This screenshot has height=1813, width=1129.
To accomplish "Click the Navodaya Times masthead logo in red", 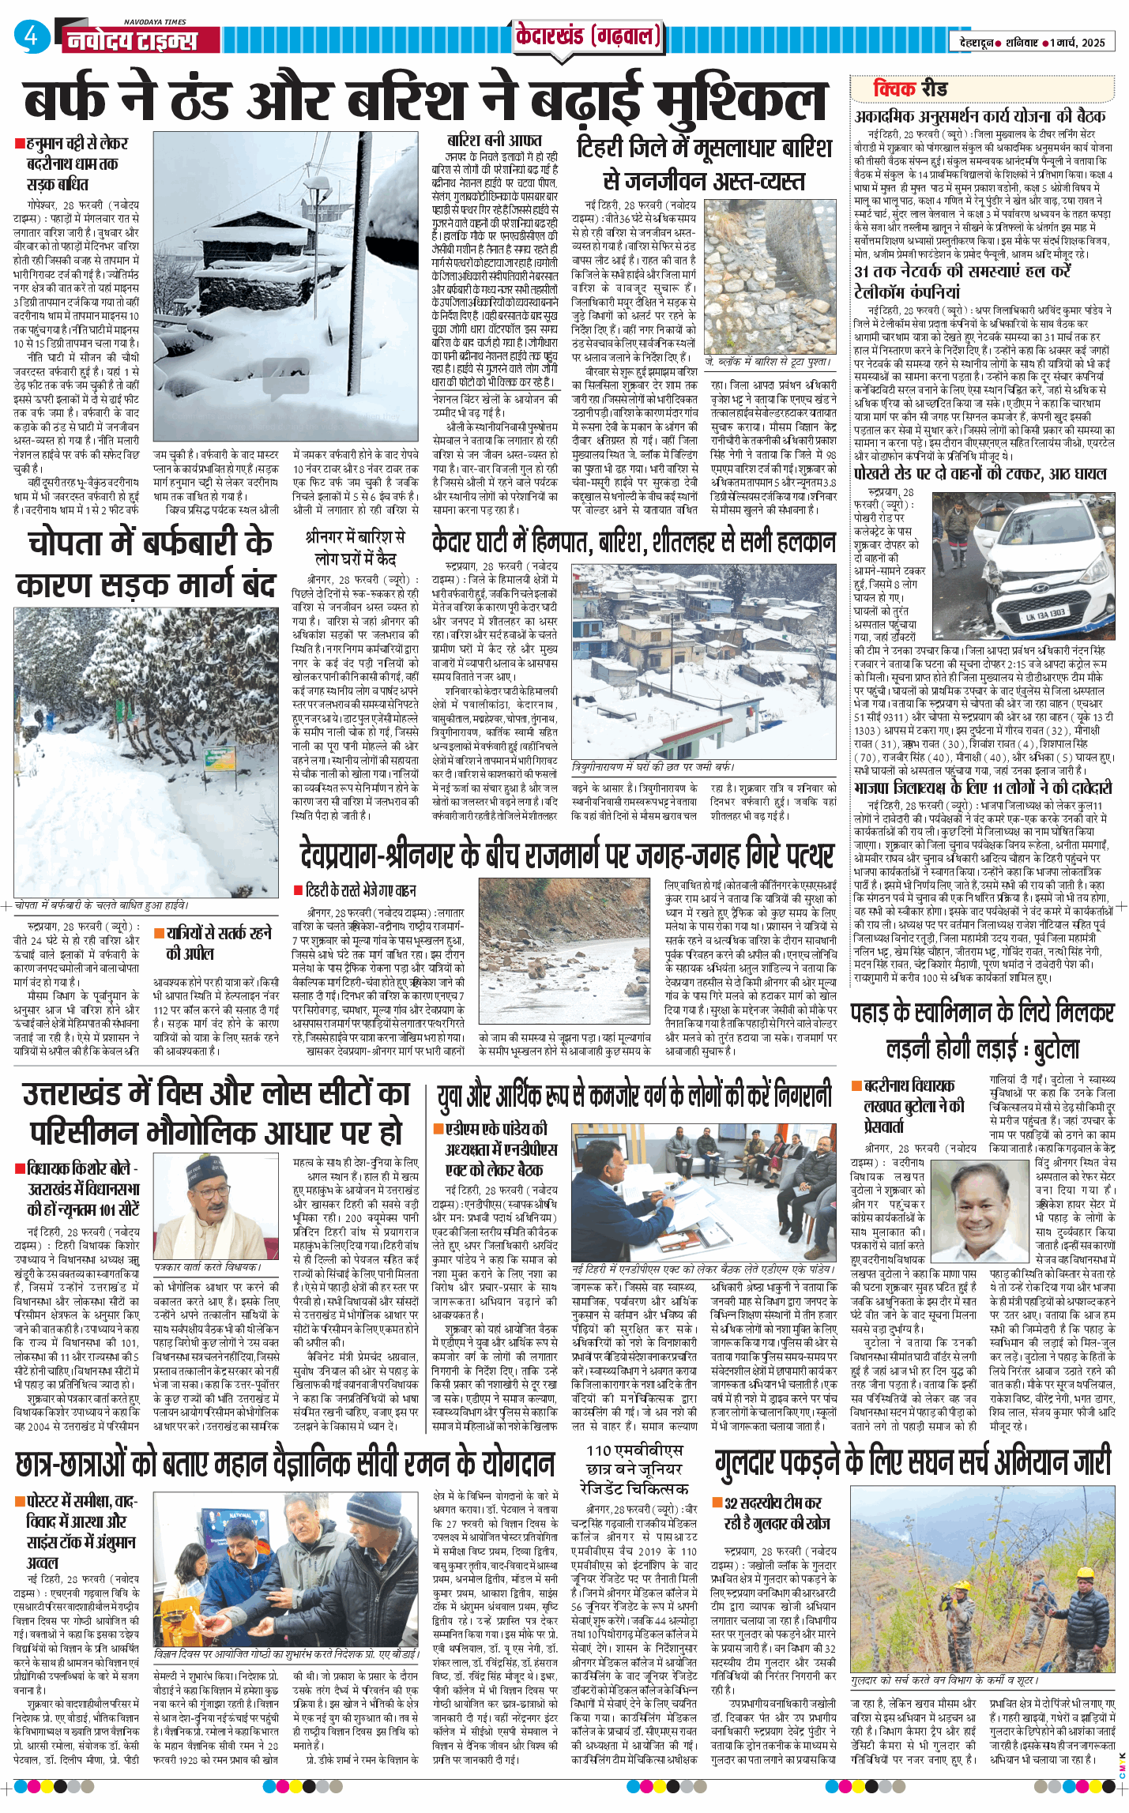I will coord(131,40).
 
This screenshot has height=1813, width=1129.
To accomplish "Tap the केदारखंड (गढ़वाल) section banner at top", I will coord(587,36).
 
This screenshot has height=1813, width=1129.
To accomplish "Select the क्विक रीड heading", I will coord(909,88).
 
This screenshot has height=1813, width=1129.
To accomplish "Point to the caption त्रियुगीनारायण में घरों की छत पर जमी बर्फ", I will coord(653,766).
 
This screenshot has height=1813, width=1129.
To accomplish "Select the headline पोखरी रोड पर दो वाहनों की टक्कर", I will coord(980,474).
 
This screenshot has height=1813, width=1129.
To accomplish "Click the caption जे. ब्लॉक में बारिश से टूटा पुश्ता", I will coord(767,361).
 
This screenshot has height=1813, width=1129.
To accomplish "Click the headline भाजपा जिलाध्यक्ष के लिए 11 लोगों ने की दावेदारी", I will coord(982,788).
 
